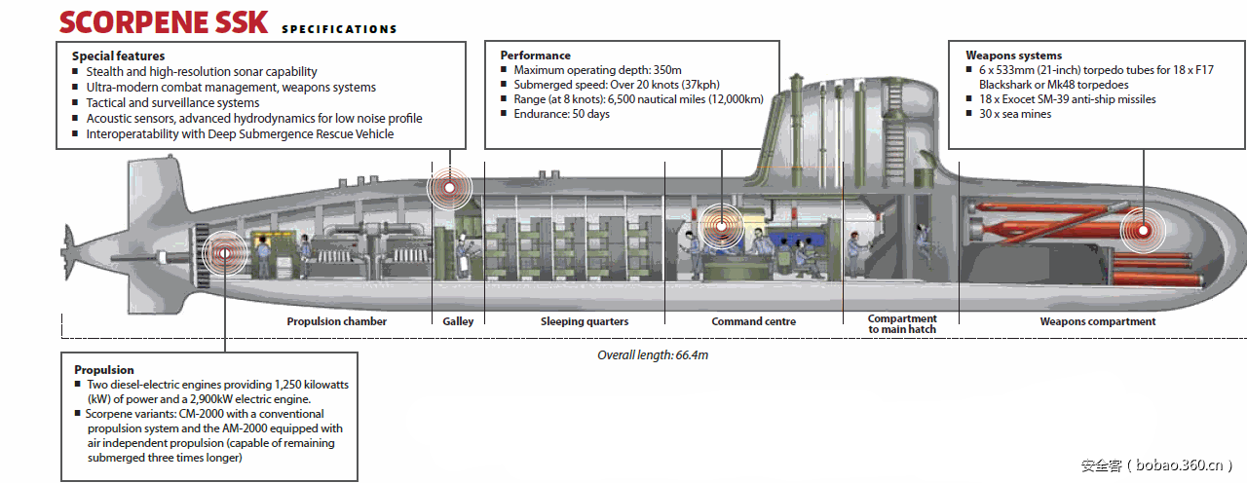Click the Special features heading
click(118, 56)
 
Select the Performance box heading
click(535, 56)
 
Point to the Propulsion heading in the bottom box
click(104, 370)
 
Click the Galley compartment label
click(458, 321)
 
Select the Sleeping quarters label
click(585, 321)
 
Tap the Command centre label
click(753, 321)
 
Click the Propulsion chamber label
click(336, 321)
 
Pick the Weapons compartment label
click(1097, 321)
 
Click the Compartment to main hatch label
click(902, 323)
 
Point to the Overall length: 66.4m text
click(653, 355)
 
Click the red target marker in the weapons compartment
click(1142, 231)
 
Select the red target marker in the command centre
click(722, 225)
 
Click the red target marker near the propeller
click(224, 253)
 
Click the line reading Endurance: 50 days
click(561, 114)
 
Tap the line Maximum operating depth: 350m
click(597, 70)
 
